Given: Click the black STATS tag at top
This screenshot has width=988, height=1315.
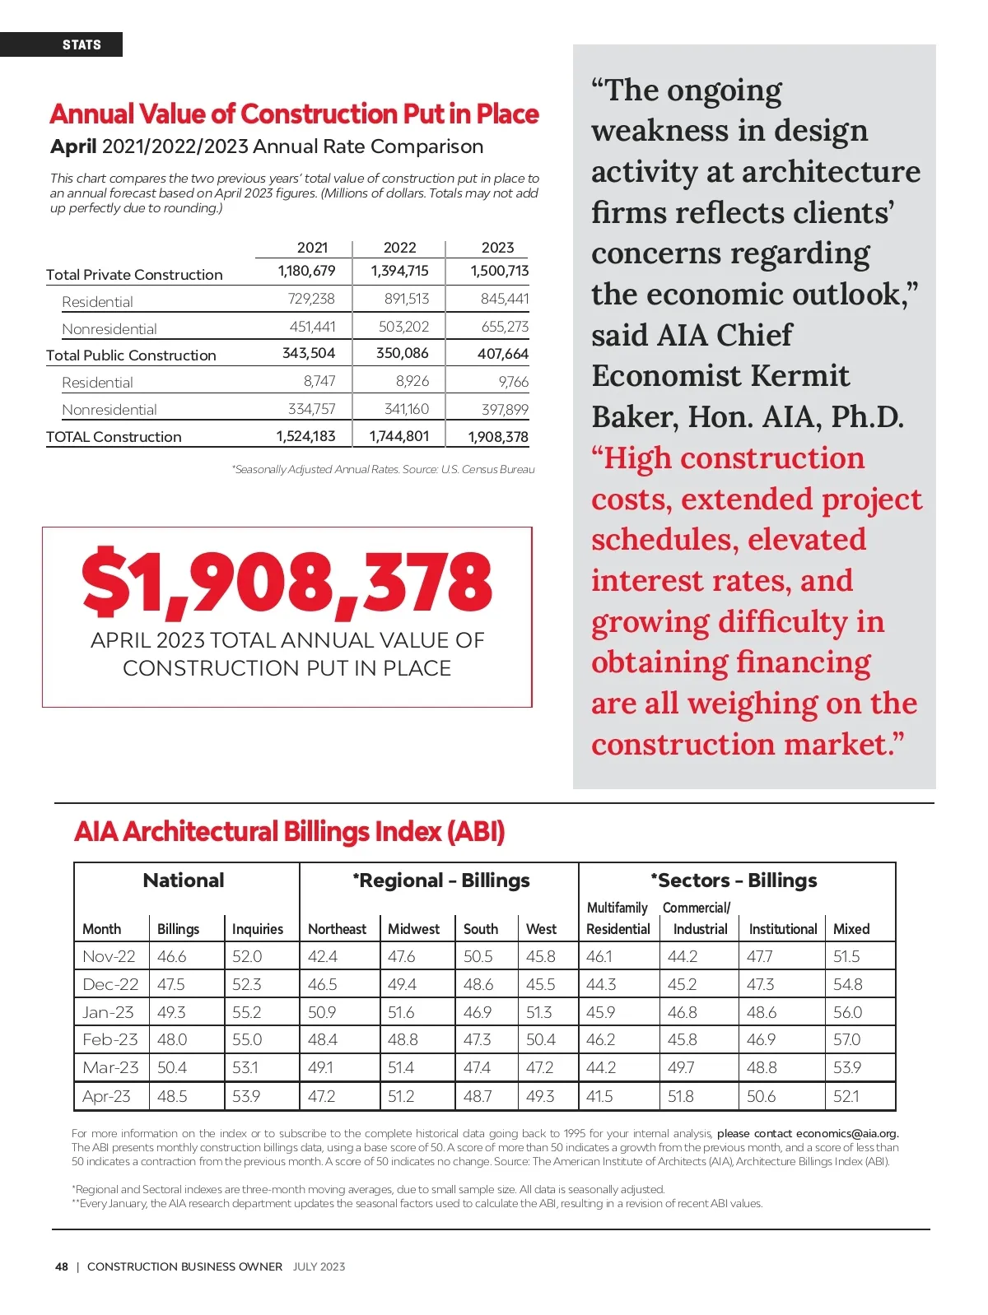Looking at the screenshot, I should (81, 44).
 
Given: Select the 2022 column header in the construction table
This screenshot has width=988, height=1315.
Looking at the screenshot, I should (399, 248).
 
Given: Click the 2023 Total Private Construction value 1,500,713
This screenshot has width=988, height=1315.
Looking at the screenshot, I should (499, 271).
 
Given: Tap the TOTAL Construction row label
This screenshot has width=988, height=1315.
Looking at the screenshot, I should (114, 437).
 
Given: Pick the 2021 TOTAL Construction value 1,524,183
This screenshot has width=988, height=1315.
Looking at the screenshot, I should (305, 437).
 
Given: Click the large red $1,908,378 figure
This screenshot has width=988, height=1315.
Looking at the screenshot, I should (287, 583).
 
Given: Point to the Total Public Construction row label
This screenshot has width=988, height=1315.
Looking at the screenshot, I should (131, 355).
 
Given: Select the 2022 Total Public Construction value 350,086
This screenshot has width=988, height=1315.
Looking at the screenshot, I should (402, 354).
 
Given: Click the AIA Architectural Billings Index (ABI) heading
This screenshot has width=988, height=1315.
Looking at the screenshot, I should (289, 832).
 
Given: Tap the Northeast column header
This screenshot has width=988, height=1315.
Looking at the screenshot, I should (337, 929).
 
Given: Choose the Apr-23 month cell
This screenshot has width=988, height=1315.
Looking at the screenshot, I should (106, 1096).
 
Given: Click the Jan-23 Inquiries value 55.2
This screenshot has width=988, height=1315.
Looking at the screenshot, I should (246, 1012).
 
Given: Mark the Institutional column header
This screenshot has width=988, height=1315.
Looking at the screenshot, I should (782, 929).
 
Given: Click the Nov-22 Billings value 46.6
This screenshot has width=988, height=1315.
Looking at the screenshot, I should (171, 957).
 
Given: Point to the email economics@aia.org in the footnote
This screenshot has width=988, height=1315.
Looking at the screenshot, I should (846, 1133).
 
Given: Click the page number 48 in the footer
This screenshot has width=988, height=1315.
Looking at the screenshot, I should (62, 1266).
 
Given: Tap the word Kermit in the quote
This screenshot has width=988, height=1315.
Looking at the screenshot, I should (798, 376).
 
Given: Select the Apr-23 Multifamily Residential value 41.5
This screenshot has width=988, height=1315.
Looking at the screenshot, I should (599, 1096).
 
